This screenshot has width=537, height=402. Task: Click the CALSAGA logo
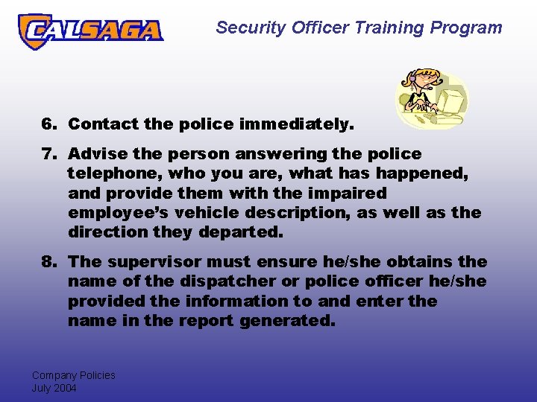pos(90,31)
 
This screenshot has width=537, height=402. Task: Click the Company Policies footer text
pos(73,375)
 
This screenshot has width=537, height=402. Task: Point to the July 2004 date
pos(54,388)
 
